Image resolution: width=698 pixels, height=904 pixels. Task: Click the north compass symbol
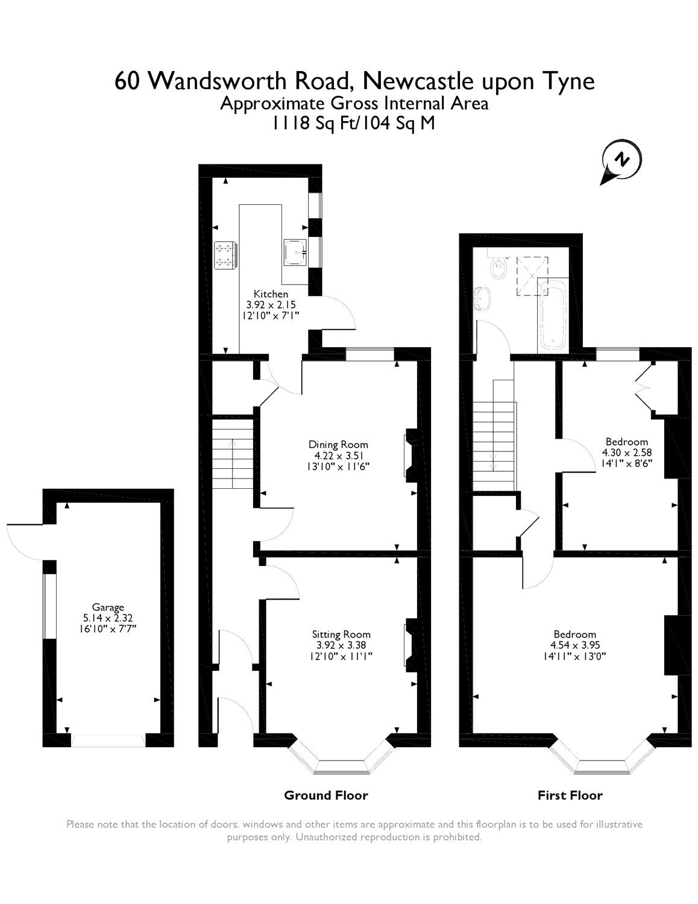(x=621, y=162)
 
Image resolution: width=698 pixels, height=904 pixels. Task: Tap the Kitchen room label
(x=271, y=293)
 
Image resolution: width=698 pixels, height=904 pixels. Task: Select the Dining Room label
(x=338, y=445)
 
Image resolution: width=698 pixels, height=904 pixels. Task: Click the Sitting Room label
(x=341, y=634)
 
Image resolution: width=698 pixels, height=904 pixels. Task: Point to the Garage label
(x=108, y=607)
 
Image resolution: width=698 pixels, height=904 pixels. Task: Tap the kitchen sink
(x=295, y=253)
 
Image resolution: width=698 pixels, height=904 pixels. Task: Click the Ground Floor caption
(x=325, y=796)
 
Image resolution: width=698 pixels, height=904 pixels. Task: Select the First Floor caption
(x=570, y=796)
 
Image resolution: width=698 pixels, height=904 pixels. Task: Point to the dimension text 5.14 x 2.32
(x=108, y=618)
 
